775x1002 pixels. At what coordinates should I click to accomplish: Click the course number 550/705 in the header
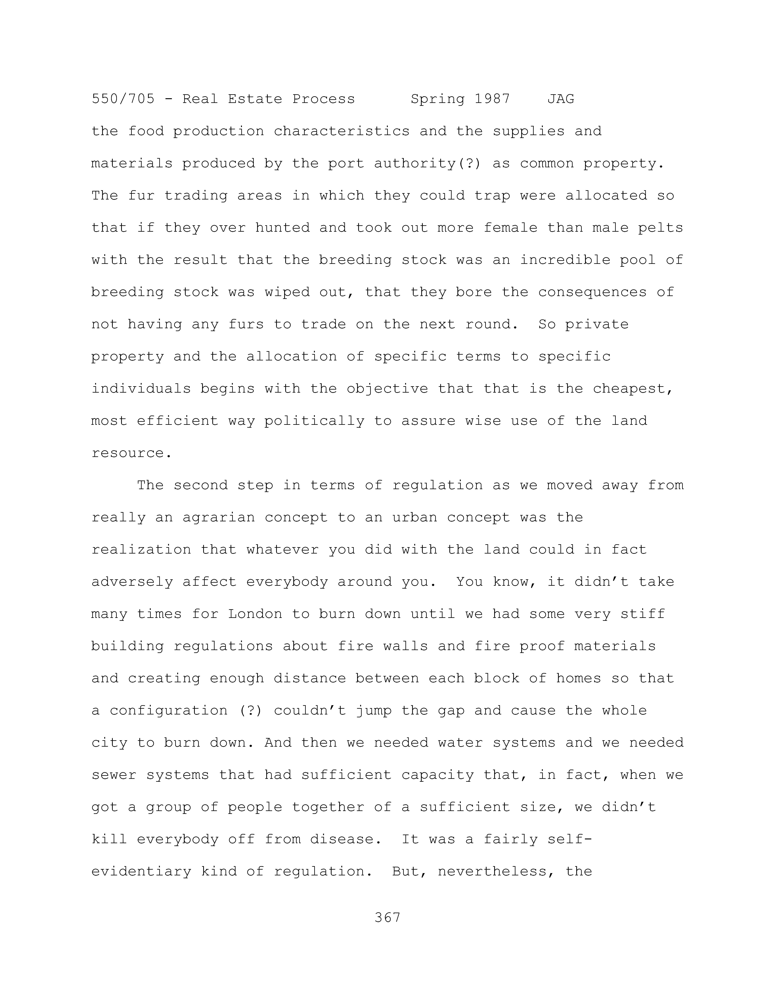point(123,99)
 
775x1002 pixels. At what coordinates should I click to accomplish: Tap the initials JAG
point(561,99)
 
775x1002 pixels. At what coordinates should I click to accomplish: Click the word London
point(255,614)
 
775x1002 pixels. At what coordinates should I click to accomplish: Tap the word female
point(510,228)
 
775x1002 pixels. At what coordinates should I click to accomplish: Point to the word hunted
point(282,228)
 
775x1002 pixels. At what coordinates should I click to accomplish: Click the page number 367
point(387,918)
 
